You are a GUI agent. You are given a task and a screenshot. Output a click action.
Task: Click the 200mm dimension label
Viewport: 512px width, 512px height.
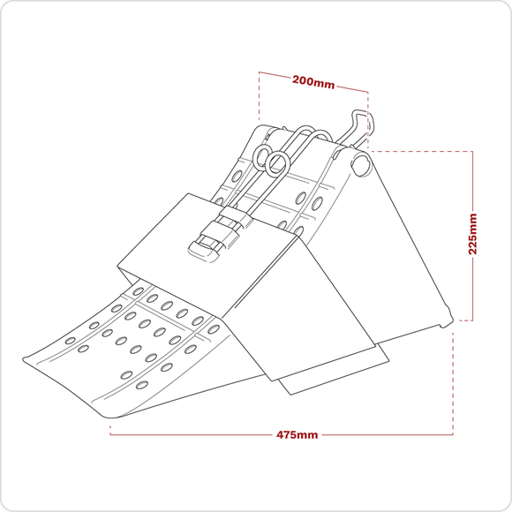313,82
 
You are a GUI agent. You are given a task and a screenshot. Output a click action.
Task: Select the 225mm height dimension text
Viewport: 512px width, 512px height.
472,234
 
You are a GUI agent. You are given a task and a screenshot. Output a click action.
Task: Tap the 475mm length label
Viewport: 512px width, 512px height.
297,435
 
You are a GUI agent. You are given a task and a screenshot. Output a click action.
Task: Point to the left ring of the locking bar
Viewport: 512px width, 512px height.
262,157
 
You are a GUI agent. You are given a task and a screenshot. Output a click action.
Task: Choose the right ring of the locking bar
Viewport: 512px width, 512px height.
277,163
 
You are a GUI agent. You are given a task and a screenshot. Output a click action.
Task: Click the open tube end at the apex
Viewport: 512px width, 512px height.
361,165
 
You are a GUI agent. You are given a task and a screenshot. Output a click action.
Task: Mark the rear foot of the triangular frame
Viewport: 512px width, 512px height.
448,320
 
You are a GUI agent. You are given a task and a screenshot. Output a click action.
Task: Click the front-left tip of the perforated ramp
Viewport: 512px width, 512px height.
24,359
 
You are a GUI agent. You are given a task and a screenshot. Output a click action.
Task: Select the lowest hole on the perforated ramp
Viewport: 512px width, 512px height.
141,385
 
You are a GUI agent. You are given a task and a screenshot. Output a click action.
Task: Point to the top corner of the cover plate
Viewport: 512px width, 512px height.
188,193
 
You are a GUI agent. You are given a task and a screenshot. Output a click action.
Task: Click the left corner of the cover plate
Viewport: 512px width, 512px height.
117,267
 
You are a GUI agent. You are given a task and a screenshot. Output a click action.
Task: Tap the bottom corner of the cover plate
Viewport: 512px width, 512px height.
272,380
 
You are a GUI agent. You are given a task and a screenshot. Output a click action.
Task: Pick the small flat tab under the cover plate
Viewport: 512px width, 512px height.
334,369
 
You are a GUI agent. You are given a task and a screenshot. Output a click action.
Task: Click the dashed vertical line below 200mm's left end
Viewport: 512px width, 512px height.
260,95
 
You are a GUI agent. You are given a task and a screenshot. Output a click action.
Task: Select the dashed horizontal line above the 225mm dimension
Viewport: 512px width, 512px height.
421,151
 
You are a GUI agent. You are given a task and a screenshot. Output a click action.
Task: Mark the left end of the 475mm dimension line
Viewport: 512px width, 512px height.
110,434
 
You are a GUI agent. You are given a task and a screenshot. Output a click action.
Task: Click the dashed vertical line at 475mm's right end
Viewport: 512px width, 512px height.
453,384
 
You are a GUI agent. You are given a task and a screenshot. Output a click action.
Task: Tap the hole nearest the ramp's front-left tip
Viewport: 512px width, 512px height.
71,341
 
